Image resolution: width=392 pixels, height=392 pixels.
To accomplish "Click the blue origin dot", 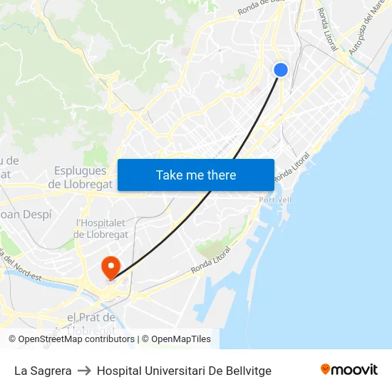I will pos(281,69).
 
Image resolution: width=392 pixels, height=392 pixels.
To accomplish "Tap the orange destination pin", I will pos(110,267).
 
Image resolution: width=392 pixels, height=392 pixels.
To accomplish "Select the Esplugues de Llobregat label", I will pos(80,177).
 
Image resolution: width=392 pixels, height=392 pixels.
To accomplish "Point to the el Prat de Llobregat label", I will pos(91,322).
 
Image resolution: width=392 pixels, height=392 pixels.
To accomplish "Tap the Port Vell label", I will pos(275,200).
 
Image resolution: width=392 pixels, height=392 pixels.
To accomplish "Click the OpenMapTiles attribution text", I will pos(181,339).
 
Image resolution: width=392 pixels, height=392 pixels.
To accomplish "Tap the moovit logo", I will pos(349,370).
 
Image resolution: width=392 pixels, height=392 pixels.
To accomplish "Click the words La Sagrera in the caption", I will pos(43,371).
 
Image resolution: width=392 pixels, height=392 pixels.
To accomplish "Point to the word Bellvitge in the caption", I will pos(247,371).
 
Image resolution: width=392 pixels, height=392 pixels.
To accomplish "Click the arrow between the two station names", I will pos(84,371).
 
